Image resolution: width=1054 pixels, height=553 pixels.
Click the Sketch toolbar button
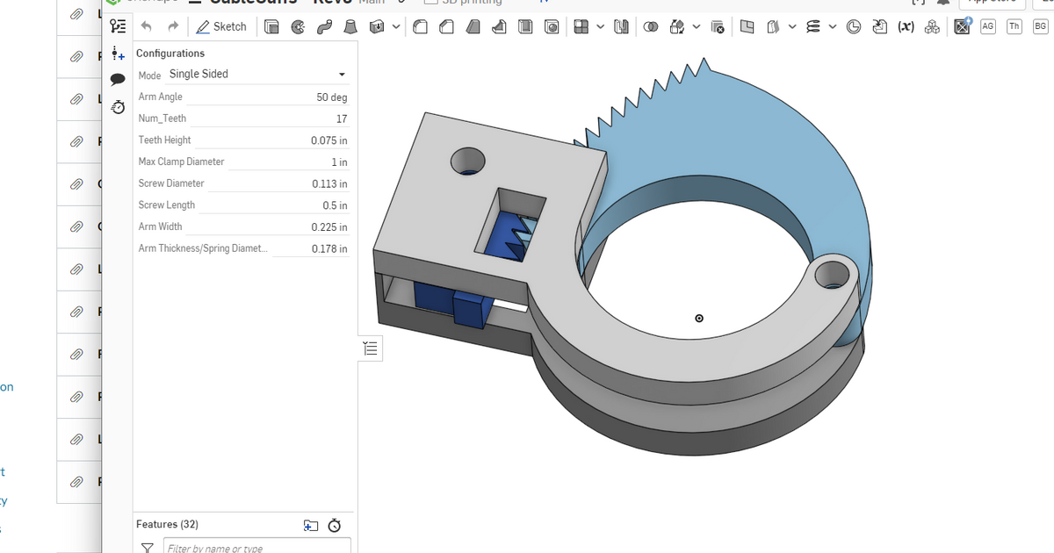point(221,26)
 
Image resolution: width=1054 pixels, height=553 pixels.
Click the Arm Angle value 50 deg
point(331,97)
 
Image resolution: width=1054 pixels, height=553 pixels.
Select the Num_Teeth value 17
point(341,118)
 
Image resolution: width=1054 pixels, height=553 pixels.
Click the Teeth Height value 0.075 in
point(328,140)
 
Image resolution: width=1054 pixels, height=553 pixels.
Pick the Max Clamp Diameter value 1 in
point(338,162)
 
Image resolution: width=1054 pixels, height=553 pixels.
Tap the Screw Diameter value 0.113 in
point(328,184)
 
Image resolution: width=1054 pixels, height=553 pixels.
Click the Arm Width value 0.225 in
point(328,227)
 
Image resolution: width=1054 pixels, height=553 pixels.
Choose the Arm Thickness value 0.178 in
point(328,249)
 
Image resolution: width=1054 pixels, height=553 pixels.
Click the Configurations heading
point(170,54)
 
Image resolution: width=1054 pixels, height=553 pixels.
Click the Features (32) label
point(167,524)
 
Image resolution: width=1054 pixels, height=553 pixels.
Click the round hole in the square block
point(468,161)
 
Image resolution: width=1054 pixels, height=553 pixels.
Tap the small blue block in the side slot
point(471,309)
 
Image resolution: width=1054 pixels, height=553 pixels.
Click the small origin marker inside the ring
point(699,318)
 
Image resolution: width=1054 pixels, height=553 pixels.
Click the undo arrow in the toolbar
point(146,26)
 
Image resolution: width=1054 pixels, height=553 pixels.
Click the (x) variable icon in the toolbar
point(905,26)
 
